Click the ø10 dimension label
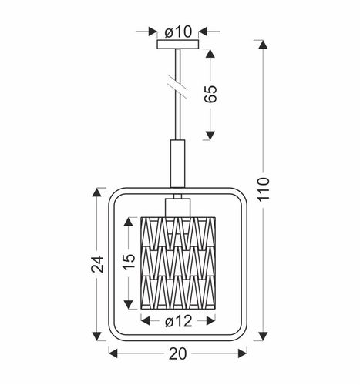(x=178, y=32)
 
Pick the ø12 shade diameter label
(x=179, y=320)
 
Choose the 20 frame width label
(x=178, y=354)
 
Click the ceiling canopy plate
(x=178, y=45)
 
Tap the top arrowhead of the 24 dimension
(x=97, y=192)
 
